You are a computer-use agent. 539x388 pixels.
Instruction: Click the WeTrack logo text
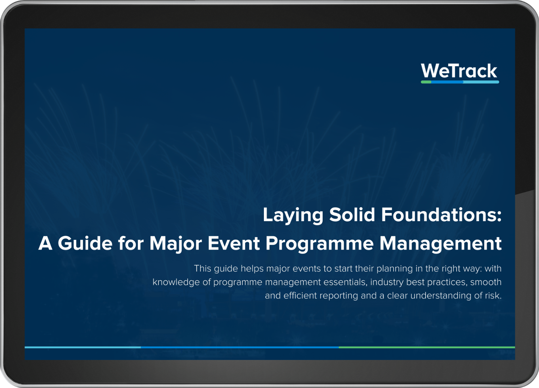coord(459,71)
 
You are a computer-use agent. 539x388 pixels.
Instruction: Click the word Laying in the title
coord(293,215)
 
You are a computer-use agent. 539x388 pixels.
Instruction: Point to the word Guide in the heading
coord(85,243)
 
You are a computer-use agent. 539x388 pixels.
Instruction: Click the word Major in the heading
coord(175,244)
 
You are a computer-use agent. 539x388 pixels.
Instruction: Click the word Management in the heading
coord(440,244)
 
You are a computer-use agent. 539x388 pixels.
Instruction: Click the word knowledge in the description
coord(176,282)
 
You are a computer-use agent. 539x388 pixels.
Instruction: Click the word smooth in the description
coord(486,282)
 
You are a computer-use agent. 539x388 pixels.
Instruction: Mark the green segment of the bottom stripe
coord(427,347)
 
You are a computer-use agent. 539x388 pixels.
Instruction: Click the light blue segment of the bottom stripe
coord(83,347)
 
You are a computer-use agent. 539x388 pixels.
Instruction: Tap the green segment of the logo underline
coord(426,82)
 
